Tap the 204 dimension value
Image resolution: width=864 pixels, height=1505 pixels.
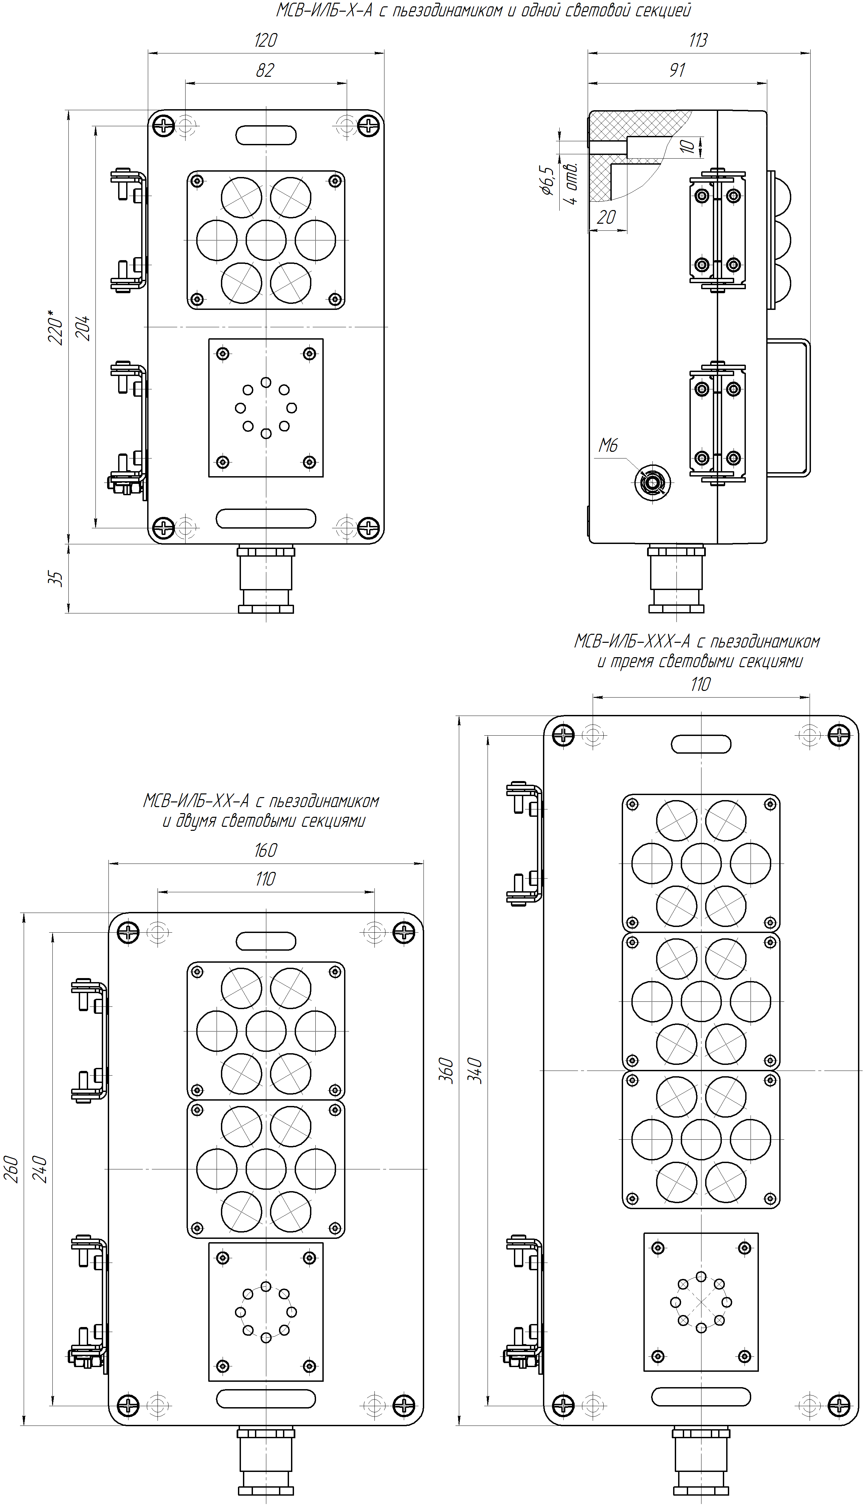pyautogui.click(x=84, y=327)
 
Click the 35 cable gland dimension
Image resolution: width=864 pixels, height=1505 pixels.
pyautogui.click(x=55, y=579)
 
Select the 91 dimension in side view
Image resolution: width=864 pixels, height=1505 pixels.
pyautogui.click(x=677, y=71)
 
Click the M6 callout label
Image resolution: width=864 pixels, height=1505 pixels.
pyautogui.click(x=608, y=445)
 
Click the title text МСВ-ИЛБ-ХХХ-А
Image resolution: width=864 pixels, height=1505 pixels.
pyautogui.click(x=632, y=641)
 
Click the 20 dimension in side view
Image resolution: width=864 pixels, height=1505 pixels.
pyautogui.click(x=606, y=217)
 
